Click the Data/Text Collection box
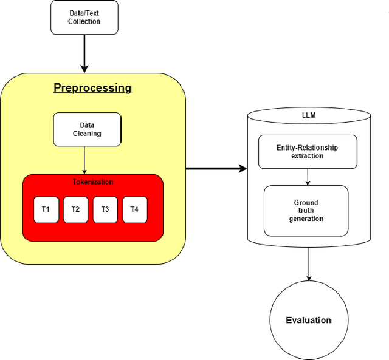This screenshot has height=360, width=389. (x=84, y=18)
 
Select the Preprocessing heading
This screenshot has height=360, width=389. (x=92, y=88)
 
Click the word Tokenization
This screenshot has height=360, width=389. (x=92, y=182)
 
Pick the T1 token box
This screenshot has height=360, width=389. (x=46, y=209)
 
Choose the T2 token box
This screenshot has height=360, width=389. (x=75, y=209)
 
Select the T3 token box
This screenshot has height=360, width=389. (x=105, y=209)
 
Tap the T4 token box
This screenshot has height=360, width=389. (x=134, y=209)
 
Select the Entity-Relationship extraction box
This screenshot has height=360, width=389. (x=307, y=152)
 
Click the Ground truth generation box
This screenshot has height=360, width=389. (x=306, y=211)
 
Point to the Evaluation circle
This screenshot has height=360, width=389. (x=309, y=320)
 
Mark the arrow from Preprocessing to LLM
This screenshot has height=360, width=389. (x=216, y=168)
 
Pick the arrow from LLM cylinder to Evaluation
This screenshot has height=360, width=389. (x=309, y=263)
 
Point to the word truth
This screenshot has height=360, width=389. (x=306, y=211)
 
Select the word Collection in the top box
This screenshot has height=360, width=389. (x=84, y=22)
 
